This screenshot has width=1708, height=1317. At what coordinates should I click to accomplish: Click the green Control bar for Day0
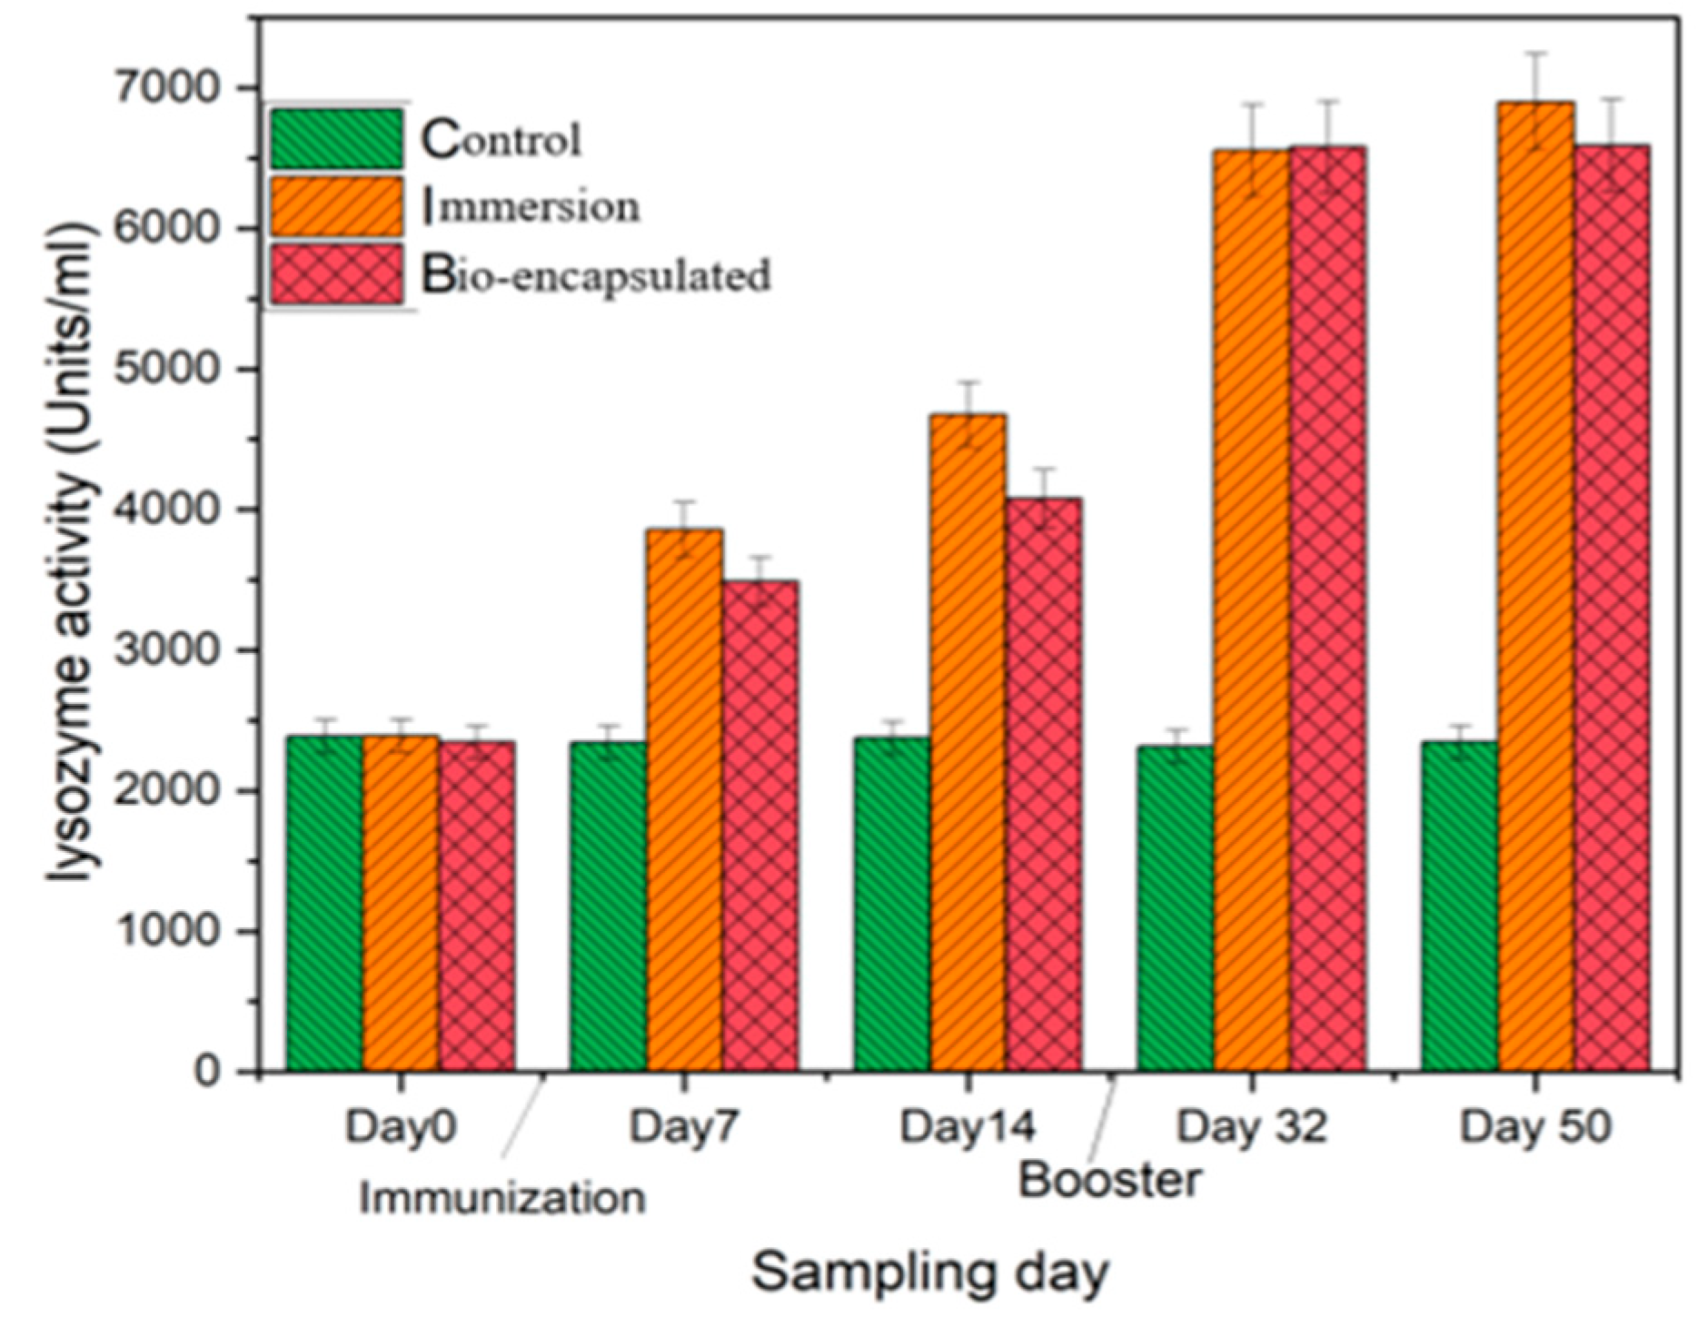coord(324,904)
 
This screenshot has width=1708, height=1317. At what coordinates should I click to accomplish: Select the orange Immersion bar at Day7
coord(684,799)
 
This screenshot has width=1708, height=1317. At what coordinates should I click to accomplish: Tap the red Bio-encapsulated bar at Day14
coord(1044,786)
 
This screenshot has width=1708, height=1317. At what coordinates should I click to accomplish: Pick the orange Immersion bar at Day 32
coord(1251,609)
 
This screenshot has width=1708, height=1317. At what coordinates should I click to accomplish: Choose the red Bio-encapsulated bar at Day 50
coord(1612,609)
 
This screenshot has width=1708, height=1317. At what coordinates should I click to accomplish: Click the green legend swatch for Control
coord(336,139)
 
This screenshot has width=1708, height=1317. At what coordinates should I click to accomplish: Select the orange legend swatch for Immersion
coord(336,206)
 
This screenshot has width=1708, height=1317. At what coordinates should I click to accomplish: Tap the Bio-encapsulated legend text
coord(596,274)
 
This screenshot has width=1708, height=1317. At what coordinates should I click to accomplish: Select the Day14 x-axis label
coord(967,1127)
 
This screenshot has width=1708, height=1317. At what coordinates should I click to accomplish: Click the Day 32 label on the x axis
coord(1252,1127)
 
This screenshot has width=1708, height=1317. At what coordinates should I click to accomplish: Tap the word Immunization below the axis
coord(501,1198)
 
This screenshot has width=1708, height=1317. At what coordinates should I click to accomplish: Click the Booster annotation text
coord(1109,1180)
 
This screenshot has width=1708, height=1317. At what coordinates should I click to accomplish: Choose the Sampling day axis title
coord(929,1272)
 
